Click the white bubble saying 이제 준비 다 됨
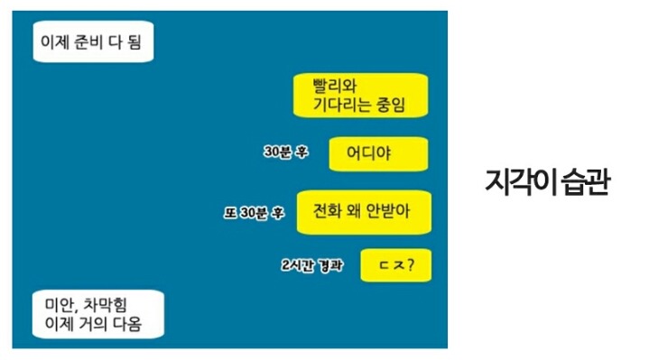click(x=91, y=41)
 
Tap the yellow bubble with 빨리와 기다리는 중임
click(x=360, y=96)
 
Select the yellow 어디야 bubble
click(x=376, y=152)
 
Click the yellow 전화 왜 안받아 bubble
click(x=364, y=212)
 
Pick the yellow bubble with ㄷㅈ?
click(x=395, y=265)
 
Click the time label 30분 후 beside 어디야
click(x=285, y=152)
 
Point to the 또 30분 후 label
click(x=254, y=214)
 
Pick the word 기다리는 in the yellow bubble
click(x=349, y=106)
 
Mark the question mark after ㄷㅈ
click(x=413, y=265)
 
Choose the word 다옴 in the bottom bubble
click(x=124, y=323)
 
